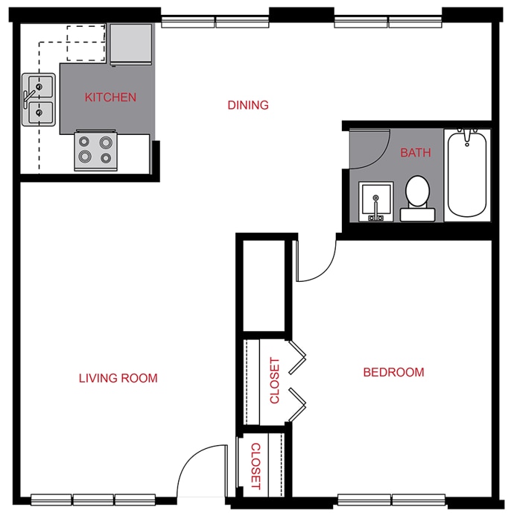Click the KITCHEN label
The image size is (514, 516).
110,97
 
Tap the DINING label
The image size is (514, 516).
248,105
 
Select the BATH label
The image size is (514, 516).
416,153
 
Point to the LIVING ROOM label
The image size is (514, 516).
118,378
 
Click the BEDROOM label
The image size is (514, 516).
393,372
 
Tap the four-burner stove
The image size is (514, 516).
96,149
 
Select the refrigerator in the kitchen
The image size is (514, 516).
131,44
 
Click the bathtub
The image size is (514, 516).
467,174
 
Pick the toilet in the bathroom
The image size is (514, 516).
417,198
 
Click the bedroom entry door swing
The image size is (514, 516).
314,261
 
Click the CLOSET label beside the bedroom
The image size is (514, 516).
275,380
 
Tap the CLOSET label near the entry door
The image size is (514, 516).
255,466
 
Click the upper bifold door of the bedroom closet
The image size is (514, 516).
297,356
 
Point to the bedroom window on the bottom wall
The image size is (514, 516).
391,499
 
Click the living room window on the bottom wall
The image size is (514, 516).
93,499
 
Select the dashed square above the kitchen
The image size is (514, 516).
86,43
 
